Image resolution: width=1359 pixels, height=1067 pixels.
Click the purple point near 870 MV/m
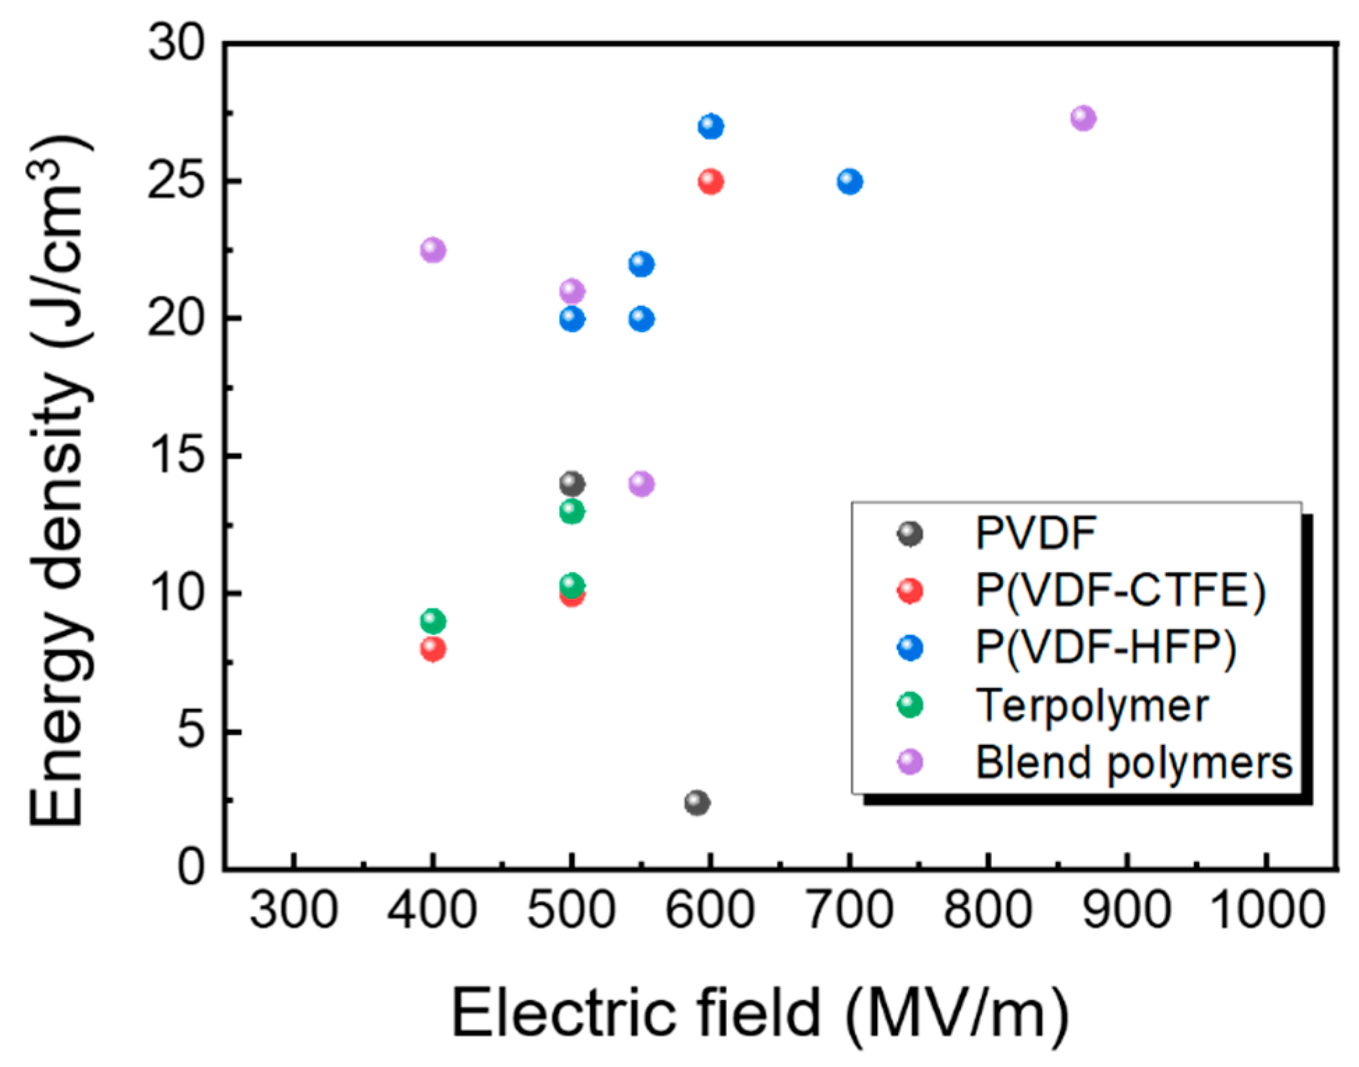1083,118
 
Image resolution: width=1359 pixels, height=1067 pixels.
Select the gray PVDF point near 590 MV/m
697,802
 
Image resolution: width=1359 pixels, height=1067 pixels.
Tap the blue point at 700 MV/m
850,182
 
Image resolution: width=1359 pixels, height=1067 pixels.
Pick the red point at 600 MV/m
710,182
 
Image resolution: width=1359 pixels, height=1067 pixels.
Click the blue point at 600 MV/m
710,127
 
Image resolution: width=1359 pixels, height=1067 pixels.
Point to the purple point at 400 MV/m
433,250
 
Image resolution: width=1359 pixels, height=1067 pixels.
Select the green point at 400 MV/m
433,620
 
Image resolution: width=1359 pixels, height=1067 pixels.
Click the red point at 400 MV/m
433,649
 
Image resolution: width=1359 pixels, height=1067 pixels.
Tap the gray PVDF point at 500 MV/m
571,483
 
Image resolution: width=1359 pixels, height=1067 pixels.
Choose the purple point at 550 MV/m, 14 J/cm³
641,484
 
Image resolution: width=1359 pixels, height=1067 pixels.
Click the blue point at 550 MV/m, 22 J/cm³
641,264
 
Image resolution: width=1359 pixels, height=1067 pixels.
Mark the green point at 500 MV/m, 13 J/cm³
571,512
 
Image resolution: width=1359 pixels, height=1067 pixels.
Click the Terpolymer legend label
1092,706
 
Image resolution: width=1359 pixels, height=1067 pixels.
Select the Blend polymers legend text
1134,762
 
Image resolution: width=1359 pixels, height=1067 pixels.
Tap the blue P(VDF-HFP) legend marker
910,648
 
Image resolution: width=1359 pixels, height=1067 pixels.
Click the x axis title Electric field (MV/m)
760,1014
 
